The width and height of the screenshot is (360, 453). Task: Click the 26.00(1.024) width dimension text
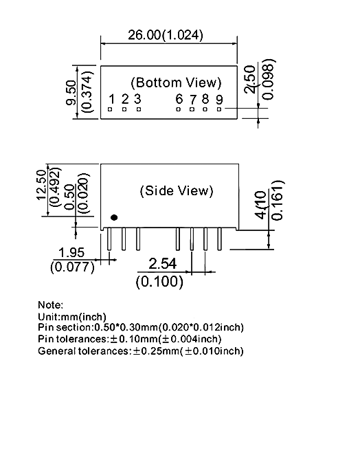(166, 35)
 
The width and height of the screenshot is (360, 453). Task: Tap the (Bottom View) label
(176, 82)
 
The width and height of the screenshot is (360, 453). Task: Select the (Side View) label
(177, 190)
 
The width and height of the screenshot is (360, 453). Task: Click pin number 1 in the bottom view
(112, 99)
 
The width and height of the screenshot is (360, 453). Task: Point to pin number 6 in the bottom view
(179, 99)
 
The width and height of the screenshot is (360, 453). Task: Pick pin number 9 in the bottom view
(219, 100)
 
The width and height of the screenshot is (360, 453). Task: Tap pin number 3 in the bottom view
(137, 99)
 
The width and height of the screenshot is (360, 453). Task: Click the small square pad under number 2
(124, 109)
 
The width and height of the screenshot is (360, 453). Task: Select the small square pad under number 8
(205, 109)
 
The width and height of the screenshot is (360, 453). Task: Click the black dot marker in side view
(114, 217)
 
